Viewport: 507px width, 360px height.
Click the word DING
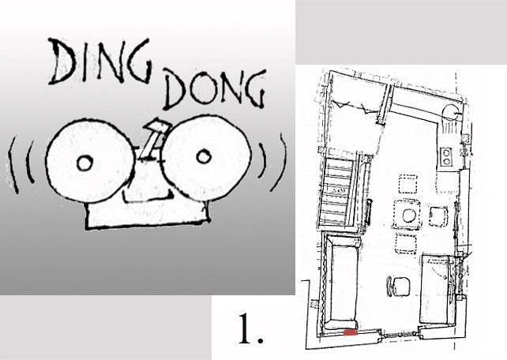(x=100, y=61)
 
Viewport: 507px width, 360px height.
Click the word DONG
(x=215, y=88)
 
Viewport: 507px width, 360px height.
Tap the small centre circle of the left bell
(x=84, y=163)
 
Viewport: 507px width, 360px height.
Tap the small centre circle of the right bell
(x=204, y=156)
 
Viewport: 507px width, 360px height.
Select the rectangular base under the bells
(x=147, y=214)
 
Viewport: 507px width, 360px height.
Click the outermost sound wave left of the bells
(x=13, y=166)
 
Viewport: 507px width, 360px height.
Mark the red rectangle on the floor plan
(x=351, y=332)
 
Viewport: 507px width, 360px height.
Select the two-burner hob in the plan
(x=446, y=156)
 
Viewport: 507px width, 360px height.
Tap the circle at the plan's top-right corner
(x=449, y=113)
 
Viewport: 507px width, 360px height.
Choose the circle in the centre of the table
(x=409, y=216)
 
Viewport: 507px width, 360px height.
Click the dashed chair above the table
(x=407, y=184)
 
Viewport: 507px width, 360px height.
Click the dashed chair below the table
(x=405, y=244)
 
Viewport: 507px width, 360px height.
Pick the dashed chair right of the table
(x=438, y=216)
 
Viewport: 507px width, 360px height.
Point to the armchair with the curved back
(x=398, y=287)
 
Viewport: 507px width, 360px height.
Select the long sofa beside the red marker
(x=342, y=283)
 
